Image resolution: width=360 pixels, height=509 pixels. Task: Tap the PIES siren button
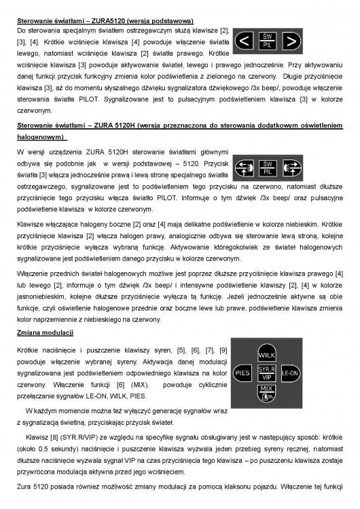[242, 373]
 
